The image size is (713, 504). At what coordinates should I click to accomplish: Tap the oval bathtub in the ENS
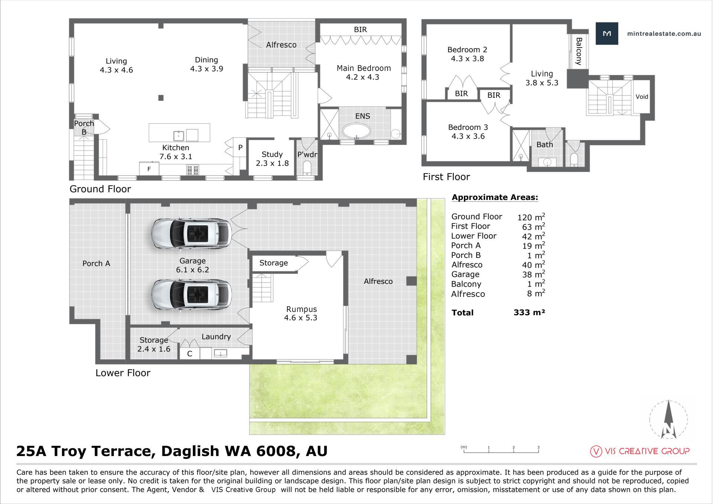356,131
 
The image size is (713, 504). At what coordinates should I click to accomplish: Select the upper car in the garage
192,233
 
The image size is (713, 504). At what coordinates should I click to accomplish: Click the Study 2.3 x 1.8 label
272,159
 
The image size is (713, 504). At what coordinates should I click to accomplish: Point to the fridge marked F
149,168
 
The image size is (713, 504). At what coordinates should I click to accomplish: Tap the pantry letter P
240,148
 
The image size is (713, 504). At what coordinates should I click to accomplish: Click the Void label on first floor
642,97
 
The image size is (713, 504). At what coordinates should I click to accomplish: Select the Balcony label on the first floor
579,51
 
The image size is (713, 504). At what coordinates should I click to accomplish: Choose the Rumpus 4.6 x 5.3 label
301,313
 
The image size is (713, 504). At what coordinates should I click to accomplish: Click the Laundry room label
216,337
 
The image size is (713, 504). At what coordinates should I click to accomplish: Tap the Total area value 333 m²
529,313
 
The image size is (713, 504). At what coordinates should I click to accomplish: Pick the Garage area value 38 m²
534,274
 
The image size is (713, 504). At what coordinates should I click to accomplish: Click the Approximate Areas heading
495,197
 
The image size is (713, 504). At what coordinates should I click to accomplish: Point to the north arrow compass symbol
669,419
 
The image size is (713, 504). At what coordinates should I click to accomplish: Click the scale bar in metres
501,449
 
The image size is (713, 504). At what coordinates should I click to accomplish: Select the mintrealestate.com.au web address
664,33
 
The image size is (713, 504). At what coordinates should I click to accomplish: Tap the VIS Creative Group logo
640,451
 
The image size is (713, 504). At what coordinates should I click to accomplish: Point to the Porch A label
96,264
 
